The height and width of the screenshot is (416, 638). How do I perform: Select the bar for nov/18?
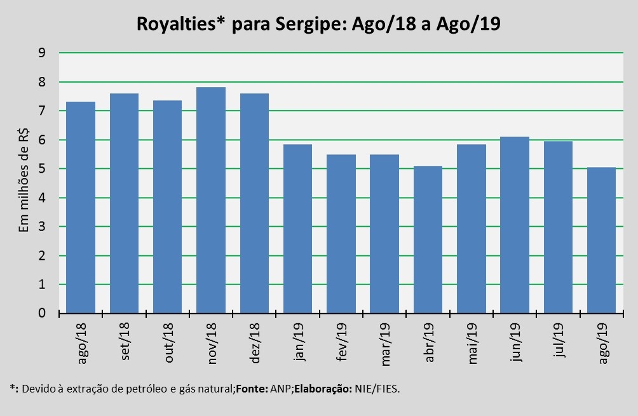(210, 200)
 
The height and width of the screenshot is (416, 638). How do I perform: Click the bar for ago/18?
(81, 207)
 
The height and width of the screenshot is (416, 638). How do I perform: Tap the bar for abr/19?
(427, 239)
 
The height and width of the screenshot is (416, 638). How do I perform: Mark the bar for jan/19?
(297, 229)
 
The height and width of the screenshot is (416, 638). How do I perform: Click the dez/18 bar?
(254, 203)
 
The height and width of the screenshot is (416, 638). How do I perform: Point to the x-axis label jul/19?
(559, 343)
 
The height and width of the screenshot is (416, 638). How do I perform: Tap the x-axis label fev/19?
(342, 344)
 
